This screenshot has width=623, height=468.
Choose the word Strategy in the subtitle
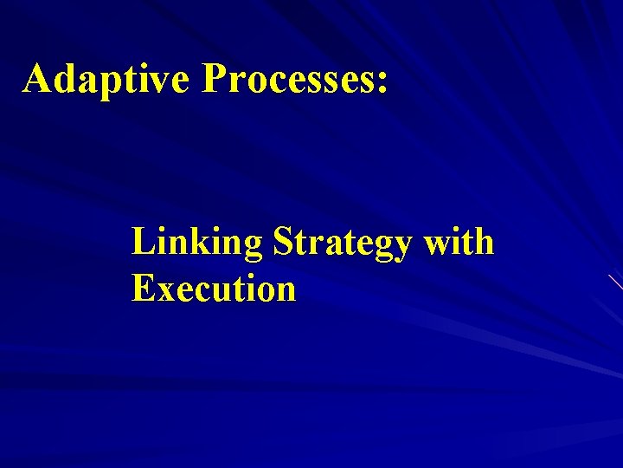tap(343, 243)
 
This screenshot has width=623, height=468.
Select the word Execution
tap(214, 288)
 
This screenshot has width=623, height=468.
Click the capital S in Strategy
tap(284, 242)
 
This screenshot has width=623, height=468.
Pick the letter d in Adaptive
tap(67, 80)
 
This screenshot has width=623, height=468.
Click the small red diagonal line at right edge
tap(615, 281)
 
